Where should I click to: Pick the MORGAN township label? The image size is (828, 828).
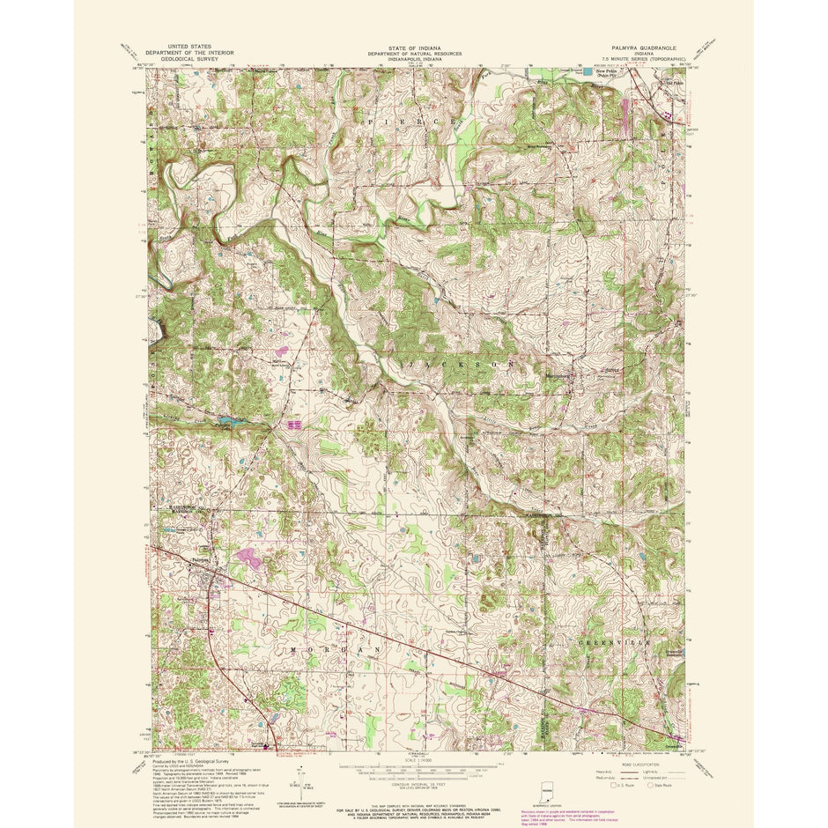(338, 648)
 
